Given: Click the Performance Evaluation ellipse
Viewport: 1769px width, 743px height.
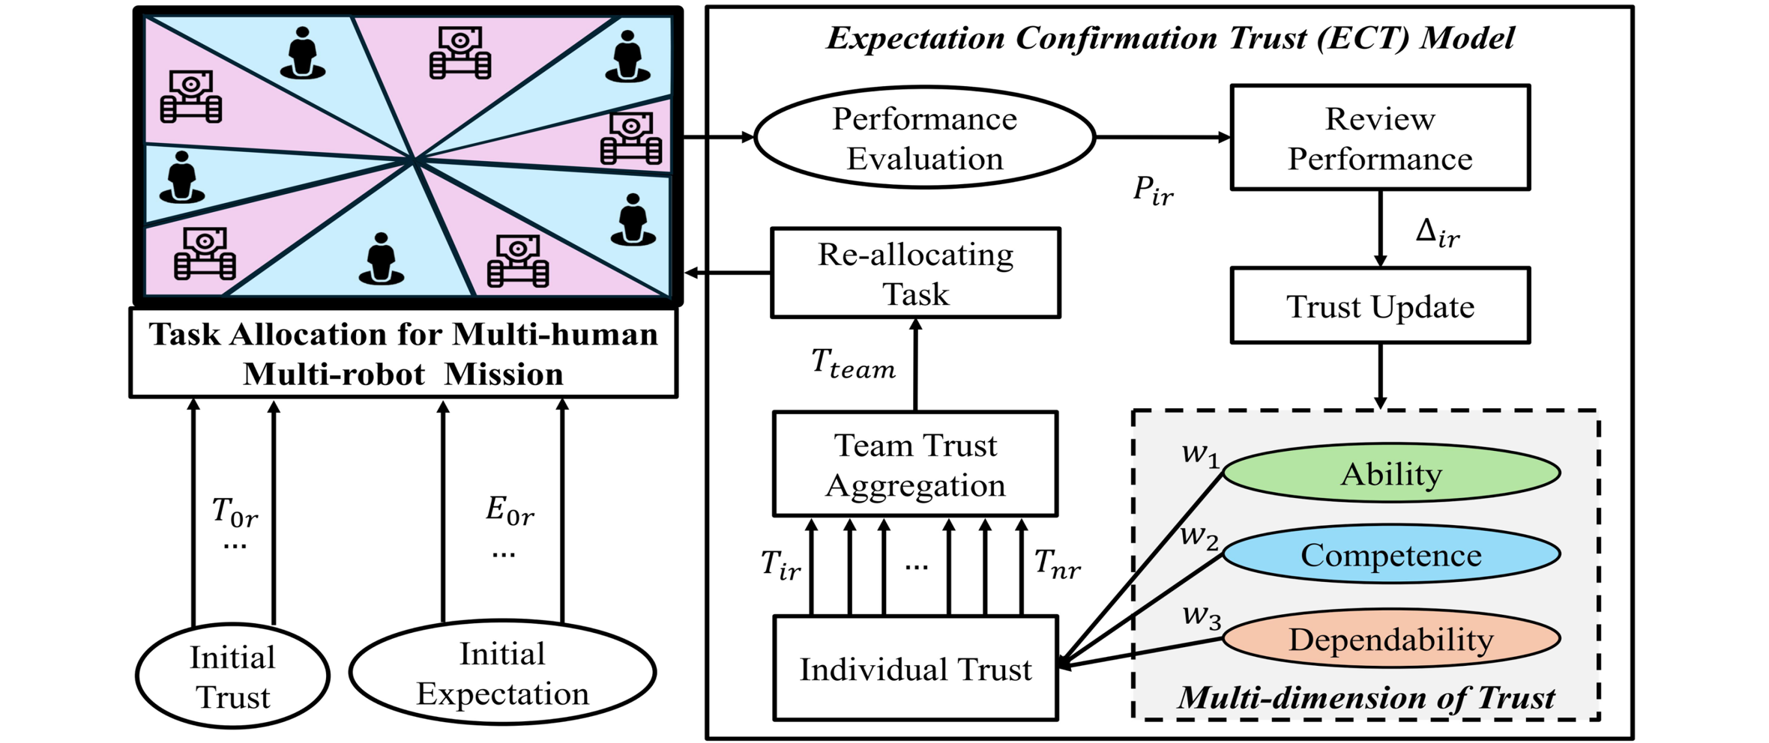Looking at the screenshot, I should [924, 138].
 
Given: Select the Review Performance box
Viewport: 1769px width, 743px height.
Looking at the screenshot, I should [1379, 138].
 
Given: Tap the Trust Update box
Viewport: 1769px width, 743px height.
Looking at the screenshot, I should [1379, 306].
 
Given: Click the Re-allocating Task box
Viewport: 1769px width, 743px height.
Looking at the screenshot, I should [915, 273].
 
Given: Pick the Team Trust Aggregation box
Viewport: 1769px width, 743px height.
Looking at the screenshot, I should [915, 464].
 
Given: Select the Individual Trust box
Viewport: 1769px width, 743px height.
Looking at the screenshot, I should [915, 669].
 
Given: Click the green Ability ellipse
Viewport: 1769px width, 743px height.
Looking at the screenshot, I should [1391, 473].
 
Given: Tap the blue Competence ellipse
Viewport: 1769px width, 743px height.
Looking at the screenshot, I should [1391, 554].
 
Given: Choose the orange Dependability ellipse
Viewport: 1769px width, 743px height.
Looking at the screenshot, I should [1391, 639].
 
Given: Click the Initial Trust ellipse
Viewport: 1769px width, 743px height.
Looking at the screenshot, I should [232, 676].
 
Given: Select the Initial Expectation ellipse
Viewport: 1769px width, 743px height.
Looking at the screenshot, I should [502, 673].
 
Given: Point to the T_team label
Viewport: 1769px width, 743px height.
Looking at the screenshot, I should [853, 364].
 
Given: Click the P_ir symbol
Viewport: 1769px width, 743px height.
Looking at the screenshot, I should [1153, 190].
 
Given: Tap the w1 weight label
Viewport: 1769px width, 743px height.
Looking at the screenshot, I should [1200, 455].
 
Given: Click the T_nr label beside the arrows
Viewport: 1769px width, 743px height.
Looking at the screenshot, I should [1057, 563].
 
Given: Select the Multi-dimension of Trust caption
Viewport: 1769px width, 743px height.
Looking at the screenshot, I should [1366, 697].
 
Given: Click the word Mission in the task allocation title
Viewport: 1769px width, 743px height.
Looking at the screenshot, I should [504, 374].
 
